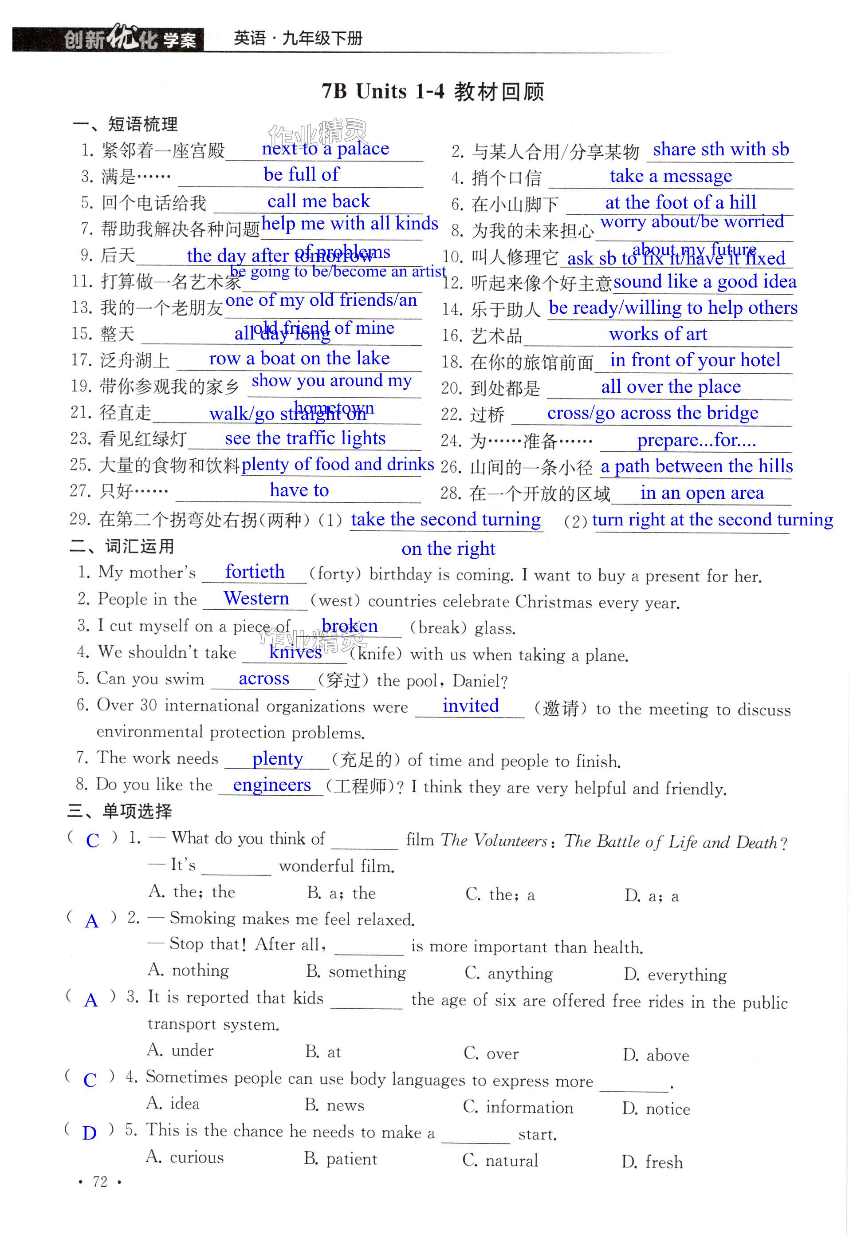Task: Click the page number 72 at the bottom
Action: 100,1182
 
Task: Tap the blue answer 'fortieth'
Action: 255,572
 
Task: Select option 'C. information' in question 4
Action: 518,1107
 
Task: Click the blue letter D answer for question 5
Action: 90,1133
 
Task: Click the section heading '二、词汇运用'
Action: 122,546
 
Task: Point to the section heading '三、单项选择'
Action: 120,811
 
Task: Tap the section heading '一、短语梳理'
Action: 125,124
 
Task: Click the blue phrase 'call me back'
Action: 318,201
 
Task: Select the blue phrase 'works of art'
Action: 658,334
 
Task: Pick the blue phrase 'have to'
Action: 299,490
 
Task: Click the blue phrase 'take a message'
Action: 671,176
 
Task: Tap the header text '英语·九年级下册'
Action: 298,38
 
